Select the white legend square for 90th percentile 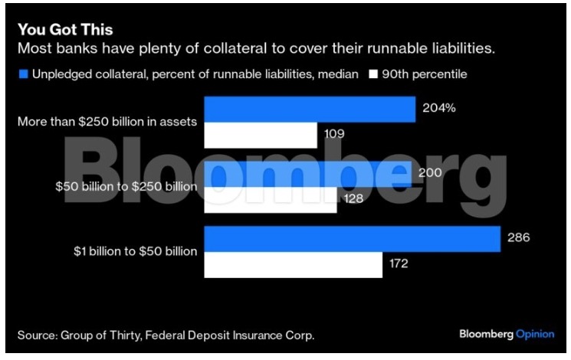pos(374,74)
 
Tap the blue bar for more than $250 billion pos(309,109)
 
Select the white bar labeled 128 pos(270,200)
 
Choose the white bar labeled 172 pos(292,264)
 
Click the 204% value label pos(439,108)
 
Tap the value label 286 pos(519,238)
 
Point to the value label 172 pos(399,264)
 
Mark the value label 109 pos(334,135)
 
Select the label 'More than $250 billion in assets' pos(110,122)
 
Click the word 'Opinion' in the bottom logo pos(533,334)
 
